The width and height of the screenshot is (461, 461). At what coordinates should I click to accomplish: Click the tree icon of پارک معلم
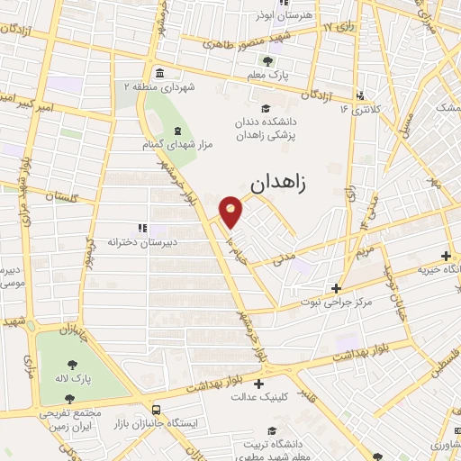click(267, 61)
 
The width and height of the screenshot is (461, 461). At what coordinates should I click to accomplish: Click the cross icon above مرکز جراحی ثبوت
click(335, 289)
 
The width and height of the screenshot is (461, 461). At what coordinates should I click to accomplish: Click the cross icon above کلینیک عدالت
click(259, 383)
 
